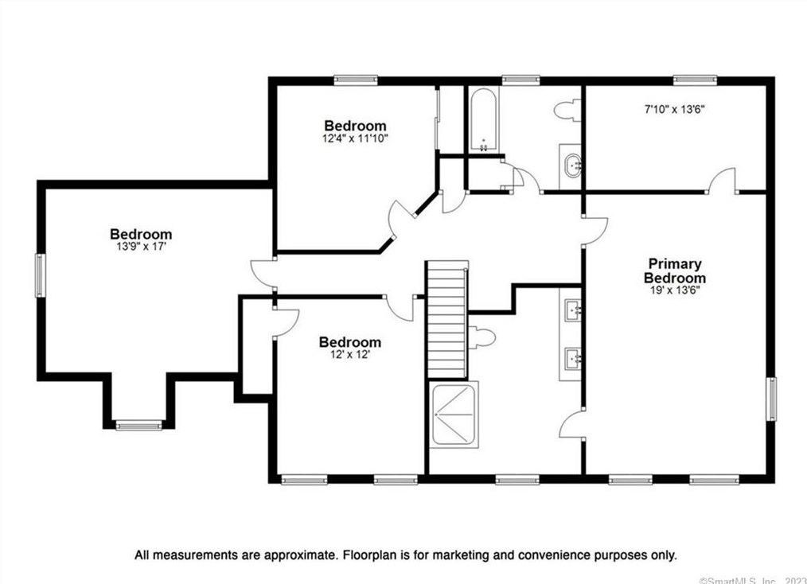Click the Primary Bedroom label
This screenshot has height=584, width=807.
[x=675, y=271]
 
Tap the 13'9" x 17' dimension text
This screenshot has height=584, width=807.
[x=141, y=247]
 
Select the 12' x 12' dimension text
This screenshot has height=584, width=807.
[x=350, y=355]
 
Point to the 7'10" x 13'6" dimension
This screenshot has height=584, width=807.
[x=675, y=109]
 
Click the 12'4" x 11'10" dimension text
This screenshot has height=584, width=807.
[x=355, y=138]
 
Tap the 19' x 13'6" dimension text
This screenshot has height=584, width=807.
[x=675, y=290]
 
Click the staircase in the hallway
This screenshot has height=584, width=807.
[x=447, y=320]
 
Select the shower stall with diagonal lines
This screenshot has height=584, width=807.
[x=454, y=415]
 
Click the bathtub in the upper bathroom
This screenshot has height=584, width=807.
[x=484, y=120]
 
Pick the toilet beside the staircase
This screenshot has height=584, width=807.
[x=481, y=338]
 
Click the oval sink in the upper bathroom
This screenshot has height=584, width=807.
[x=571, y=165]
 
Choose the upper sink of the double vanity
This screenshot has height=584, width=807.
[x=573, y=310]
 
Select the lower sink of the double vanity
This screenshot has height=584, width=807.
[x=573, y=358]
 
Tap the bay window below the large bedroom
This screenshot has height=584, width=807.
[x=138, y=426]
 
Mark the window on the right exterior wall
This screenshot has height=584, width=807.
[x=770, y=399]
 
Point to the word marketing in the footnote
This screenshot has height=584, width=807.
[x=456, y=555]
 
